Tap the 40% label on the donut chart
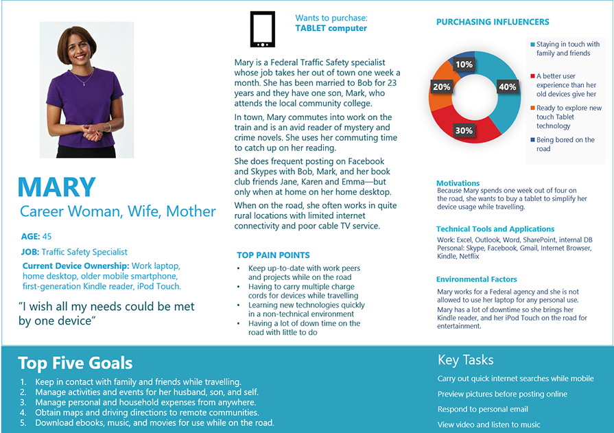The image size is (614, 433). [507, 87]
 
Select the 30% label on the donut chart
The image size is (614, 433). [464, 130]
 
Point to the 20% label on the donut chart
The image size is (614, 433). [441, 87]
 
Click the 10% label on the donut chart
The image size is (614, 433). [464, 65]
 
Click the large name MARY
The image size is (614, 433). [57, 187]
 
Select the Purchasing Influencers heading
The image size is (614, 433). [493, 22]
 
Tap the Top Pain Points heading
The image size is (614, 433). [273, 255]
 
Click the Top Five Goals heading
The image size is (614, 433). [75, 363]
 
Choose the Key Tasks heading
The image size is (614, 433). [465, 360]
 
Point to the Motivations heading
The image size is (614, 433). [458, 183]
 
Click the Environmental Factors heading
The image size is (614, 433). [476, 279]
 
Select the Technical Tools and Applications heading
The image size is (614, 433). [495, 229]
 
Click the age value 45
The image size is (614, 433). [47, 237]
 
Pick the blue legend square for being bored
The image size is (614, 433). [532, 140]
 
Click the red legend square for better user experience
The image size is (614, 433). [532, 76]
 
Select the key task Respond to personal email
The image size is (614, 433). [483, 409]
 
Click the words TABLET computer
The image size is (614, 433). [331, 29]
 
